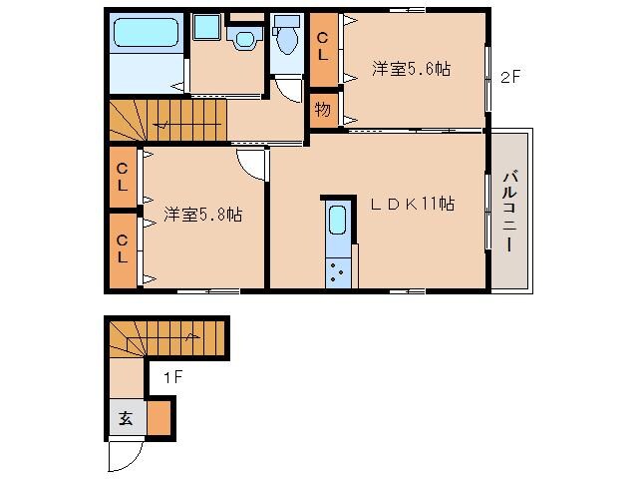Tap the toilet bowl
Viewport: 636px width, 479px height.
point(287,39)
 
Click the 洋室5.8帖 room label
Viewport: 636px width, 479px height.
point(203,214)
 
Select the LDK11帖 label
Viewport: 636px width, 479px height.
point(413,203)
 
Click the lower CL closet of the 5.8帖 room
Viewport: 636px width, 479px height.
point(122,248)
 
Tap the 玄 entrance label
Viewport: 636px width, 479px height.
point(127,418)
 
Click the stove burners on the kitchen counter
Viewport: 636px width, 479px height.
point(337,270)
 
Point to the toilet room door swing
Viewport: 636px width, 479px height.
point(289,90)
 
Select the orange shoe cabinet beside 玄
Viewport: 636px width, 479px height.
point(160,417)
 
